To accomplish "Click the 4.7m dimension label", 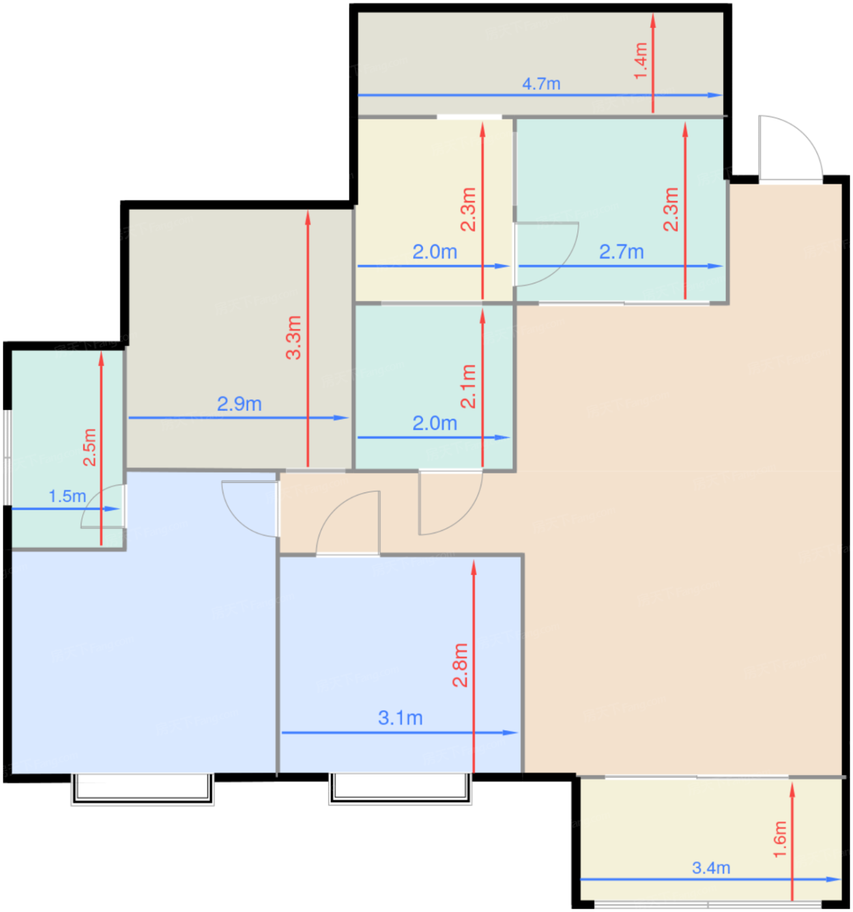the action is pos(541,84).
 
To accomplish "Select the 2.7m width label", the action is pos(622,251).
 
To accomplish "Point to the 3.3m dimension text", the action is pos(293,337).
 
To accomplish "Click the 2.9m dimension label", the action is pos(239,404).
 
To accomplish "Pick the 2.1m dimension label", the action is pos(468,387).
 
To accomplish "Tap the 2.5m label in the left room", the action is pos(89,448).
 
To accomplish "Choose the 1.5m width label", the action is pos(67,496).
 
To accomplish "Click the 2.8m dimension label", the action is pos(459,665).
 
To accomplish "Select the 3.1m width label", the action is pos(400,718).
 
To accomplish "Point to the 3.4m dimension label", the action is pos(711,868).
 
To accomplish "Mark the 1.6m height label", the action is pos(780,839).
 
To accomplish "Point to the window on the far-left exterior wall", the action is pos(7,457).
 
